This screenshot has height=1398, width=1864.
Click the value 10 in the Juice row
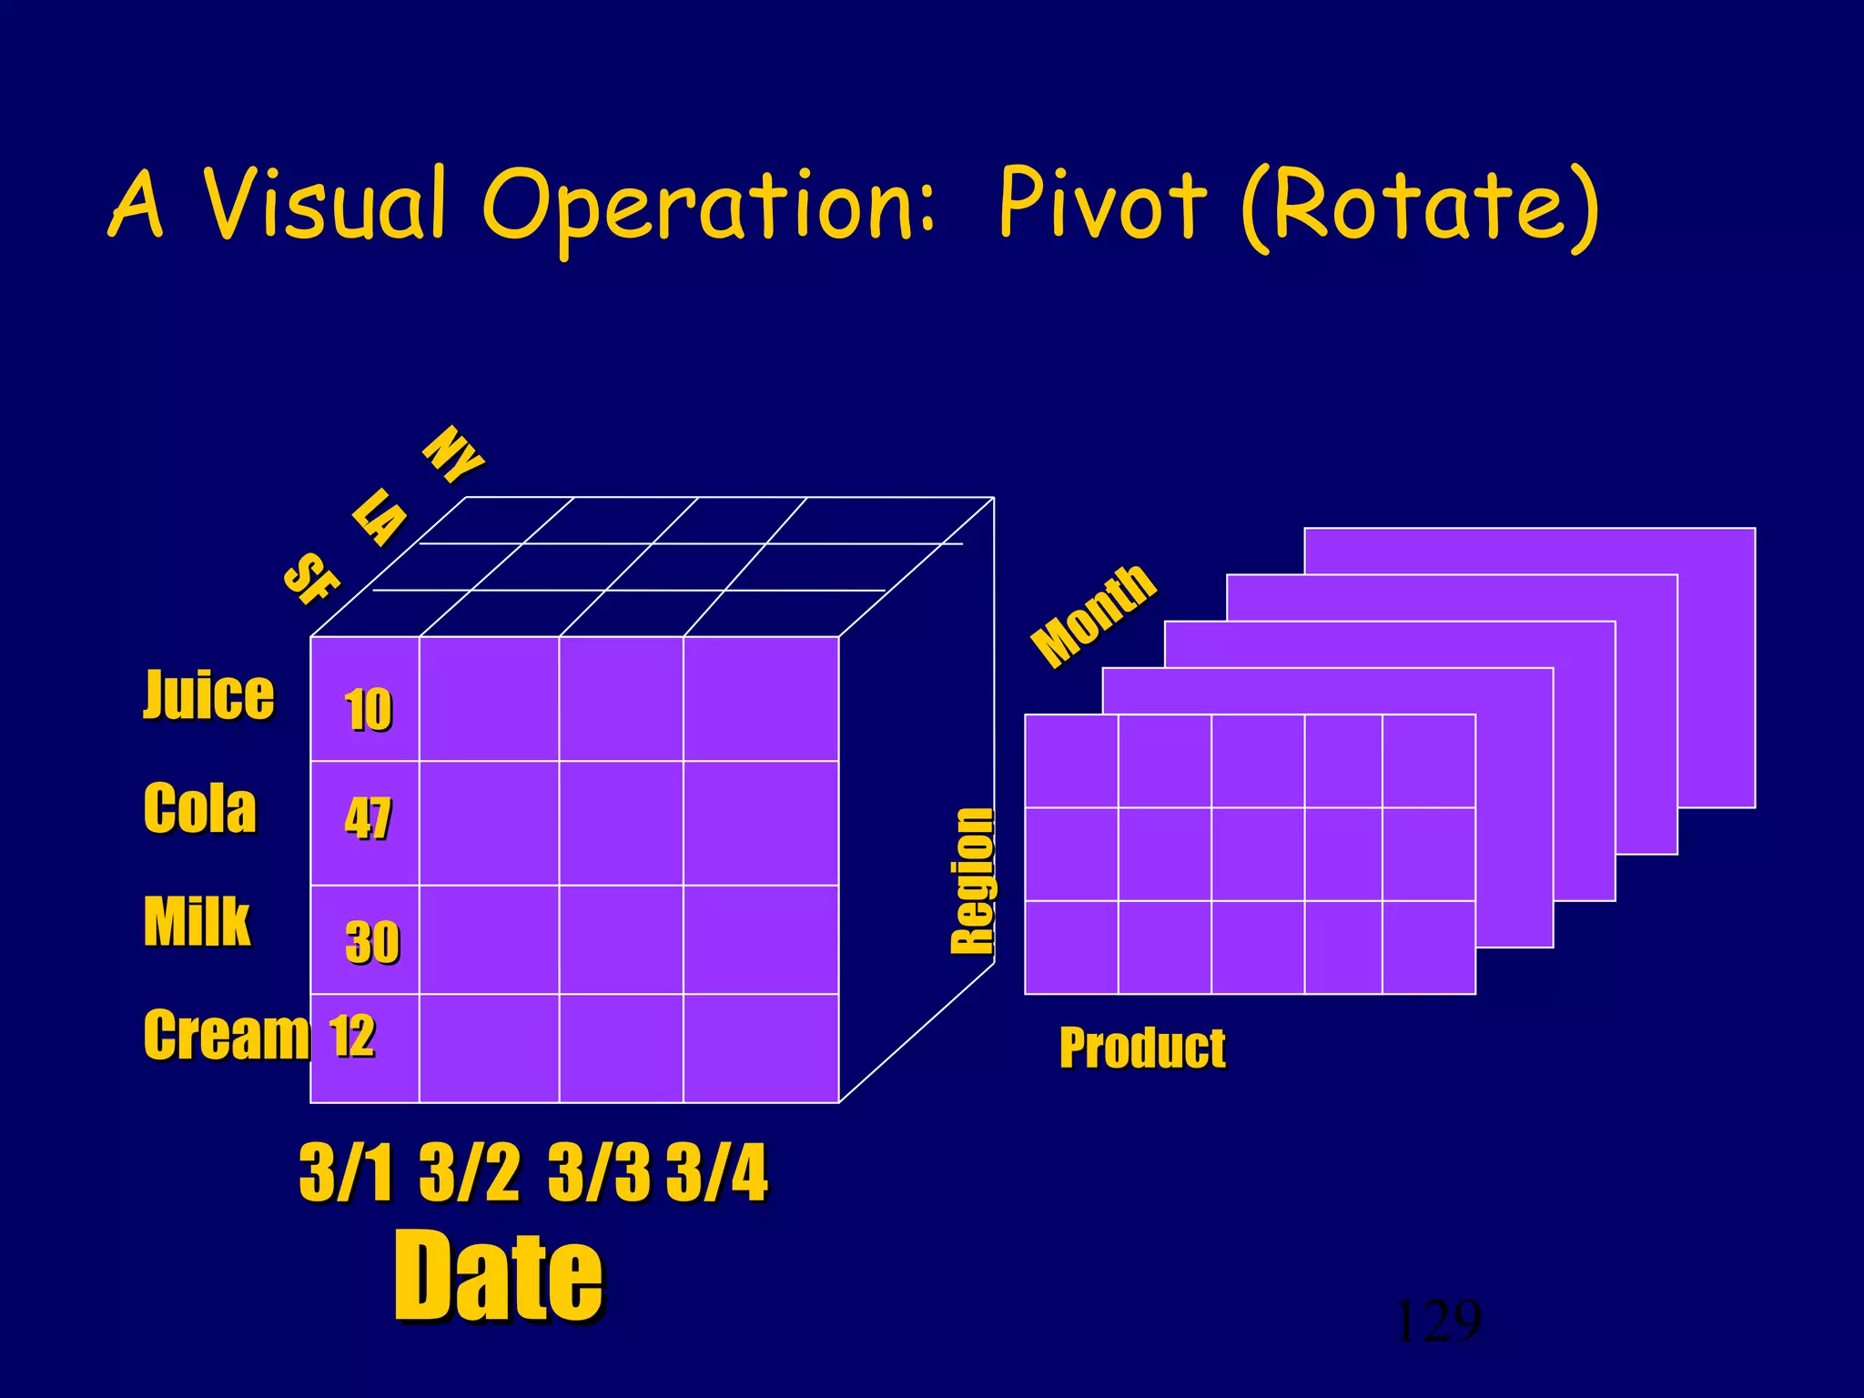[x=368, y=710]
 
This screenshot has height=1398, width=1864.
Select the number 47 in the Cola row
[x=368, y=817]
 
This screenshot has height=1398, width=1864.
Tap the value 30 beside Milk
[x=371, y=941]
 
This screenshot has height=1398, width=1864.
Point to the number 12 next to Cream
[x=351, y=1036]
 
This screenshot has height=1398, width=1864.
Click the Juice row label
[x=208, y=695]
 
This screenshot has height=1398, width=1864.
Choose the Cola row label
[x=200, y=808]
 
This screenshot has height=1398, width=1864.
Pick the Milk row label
[x=197, y=921]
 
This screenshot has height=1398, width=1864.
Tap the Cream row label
[x=227, y=1036]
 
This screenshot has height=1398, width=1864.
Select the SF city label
[x=311, y=578]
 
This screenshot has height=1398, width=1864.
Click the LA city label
[x=380, y=516]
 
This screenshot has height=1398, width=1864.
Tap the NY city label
[x=453, y=453]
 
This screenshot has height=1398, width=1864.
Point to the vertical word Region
[x=972, y=881]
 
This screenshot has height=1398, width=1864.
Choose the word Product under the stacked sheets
[x=1142, y=1048]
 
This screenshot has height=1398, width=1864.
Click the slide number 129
[x=1438, y=1322]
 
